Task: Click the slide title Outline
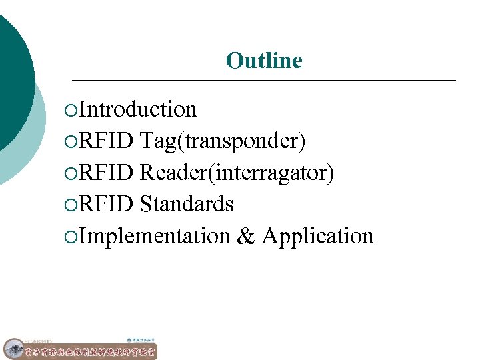(264, 61)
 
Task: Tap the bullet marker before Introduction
(72, 109)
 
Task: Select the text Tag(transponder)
(223, 141)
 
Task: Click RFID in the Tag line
(107, 141)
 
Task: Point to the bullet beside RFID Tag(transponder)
(72, 141)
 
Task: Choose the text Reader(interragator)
(237, 173)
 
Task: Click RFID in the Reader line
(107, 173)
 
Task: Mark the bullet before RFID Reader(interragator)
(72, 173)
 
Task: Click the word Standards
(187, 204)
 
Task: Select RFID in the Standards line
(107, 204)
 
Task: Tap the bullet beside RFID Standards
(72, 205)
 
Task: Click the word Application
(318, 236)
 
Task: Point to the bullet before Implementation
(72, 237)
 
